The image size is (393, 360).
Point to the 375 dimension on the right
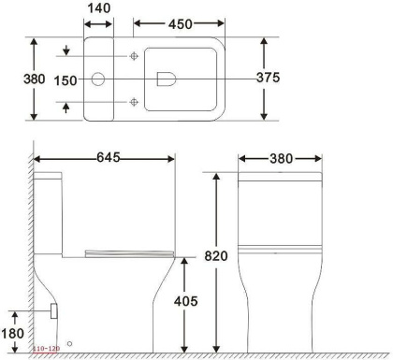269,79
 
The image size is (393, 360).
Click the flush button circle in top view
98,79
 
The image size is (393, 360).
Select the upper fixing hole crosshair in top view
136,58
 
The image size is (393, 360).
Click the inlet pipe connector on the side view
53,308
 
